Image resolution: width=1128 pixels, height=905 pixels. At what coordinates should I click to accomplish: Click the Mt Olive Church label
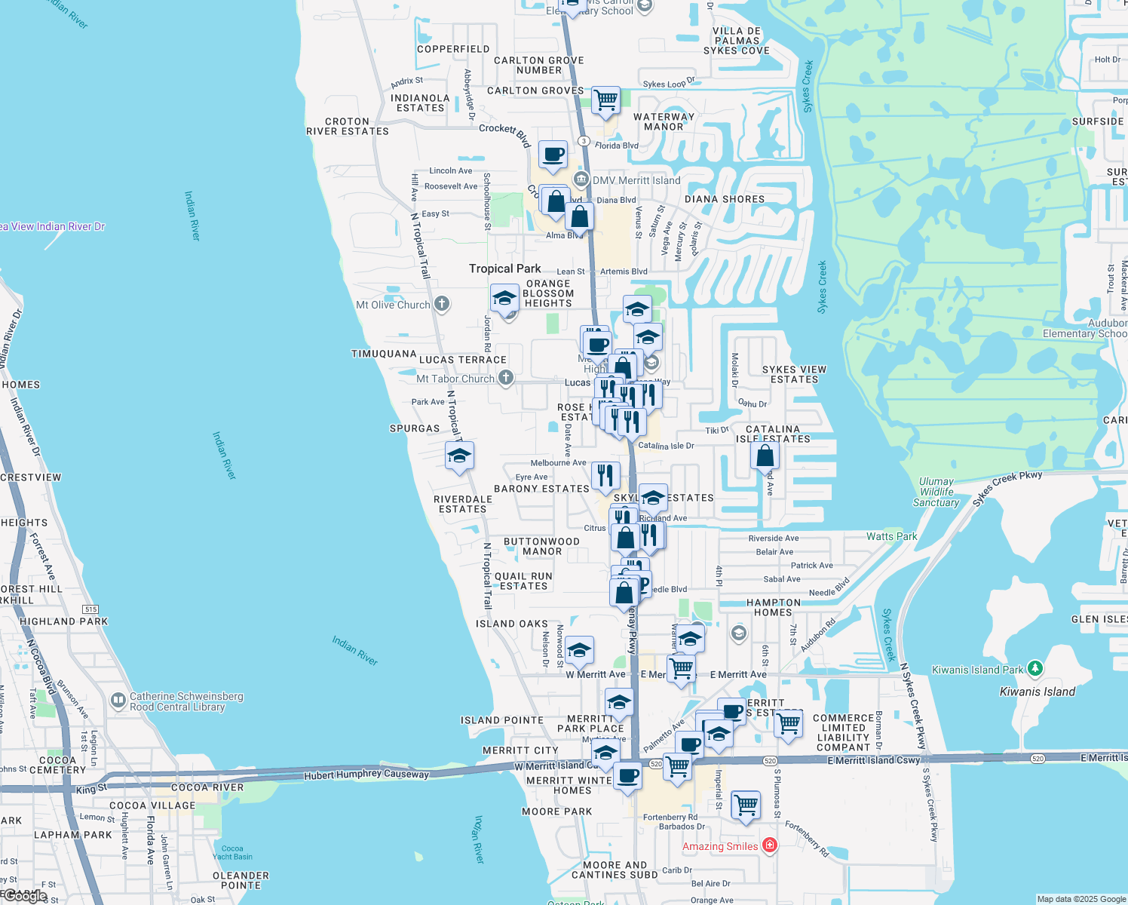click(x=393, y=305)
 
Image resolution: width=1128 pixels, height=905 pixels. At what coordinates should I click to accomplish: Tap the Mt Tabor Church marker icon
click(x=506, y=378)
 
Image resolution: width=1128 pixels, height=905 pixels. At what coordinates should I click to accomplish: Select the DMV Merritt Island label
click(x=636, y=180)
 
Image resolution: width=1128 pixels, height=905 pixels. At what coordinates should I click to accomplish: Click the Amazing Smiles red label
click(x=720, y=846)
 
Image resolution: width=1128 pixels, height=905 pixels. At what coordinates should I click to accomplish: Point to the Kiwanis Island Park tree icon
click(x=1035, y=669)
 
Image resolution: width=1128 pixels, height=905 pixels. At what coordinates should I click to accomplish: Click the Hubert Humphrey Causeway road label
click(x=366, y=775)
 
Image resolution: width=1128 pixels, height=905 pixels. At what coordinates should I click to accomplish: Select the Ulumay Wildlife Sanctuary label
click(x=936, y=492)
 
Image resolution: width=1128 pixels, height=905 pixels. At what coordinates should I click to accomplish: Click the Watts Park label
click(x=891, y=536)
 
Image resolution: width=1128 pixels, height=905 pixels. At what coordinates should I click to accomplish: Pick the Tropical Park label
click(x=504, y=268)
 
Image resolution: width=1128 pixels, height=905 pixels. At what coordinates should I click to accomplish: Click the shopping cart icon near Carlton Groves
click(x=605, y=100)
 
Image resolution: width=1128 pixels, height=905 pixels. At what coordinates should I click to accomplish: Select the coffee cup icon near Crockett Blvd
click(x=553, y=155)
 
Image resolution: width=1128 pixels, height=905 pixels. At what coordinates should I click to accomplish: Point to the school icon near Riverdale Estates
click(x=459, y=456)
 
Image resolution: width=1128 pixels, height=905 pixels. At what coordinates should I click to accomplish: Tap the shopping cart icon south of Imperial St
click(x=746, y=804)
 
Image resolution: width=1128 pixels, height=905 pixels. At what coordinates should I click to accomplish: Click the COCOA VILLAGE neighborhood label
click(x=152, y=805)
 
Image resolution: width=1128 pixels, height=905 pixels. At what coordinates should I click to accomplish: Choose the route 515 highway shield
click(x=90, y=609)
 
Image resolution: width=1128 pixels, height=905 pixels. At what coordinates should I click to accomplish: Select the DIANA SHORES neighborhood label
click(x=724, y=199)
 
